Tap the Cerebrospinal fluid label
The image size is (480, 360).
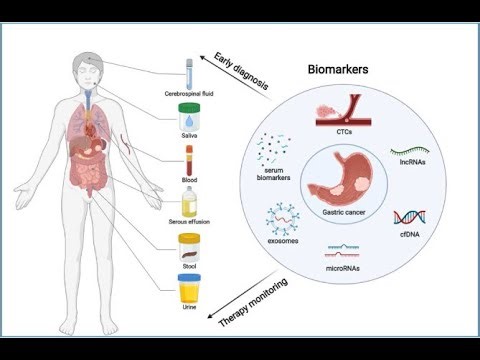(x=190, y=93)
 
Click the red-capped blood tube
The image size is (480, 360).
(x=188, y=161)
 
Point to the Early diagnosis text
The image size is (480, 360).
(x=241, y=72)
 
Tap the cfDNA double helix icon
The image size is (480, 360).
(x=407, y=219)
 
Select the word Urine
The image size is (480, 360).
(x=189, y=309)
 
